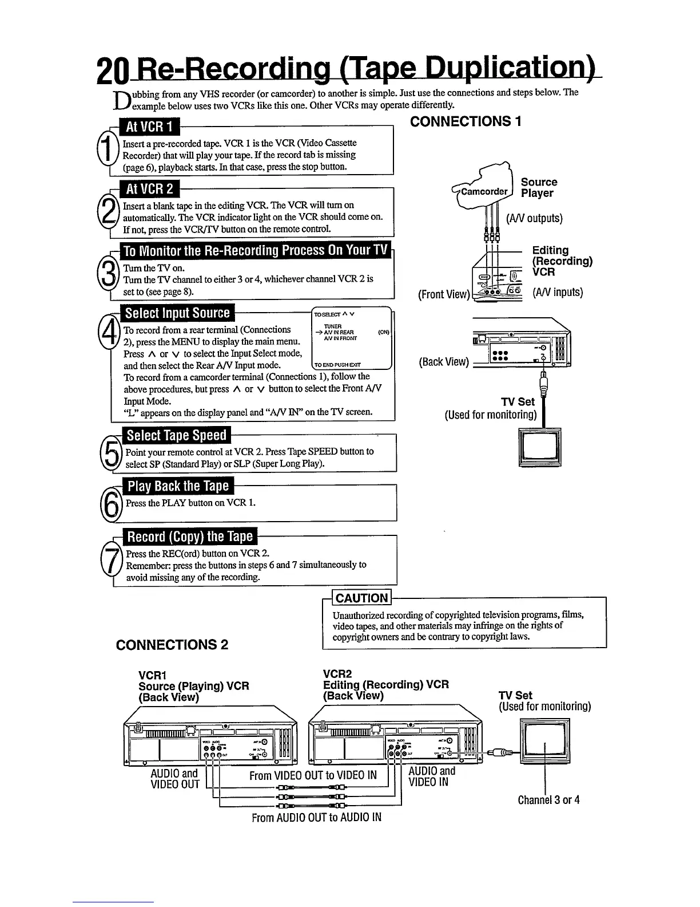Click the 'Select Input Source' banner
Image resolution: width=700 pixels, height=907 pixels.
tap(177, 313)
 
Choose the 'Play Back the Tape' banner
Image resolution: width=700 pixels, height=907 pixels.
tap(178, 486)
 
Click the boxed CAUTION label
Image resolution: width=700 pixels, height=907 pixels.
tap(361, 598)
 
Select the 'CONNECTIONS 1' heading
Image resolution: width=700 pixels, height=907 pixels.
tap(466, 121)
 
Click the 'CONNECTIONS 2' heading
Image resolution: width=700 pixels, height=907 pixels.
tap(172, 645)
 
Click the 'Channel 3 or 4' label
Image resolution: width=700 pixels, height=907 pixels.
tap(548, 800)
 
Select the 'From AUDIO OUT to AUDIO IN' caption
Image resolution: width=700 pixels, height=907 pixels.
tap(316, 817)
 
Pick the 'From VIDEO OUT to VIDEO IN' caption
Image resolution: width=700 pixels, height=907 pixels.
tap(313, 775)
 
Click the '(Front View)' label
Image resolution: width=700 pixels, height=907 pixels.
tap(443, 294)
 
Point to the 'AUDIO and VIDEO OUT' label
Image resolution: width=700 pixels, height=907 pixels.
tap(174, 778)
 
